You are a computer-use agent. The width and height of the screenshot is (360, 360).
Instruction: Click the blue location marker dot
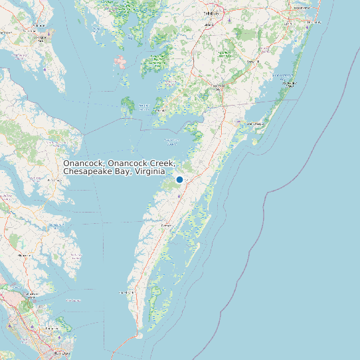coord(179,179)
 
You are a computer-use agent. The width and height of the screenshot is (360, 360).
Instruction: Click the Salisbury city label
coord(211,13)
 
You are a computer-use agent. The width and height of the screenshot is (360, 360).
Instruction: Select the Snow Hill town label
coord(252,62)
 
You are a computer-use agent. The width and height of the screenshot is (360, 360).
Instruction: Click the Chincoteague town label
coord(255,124)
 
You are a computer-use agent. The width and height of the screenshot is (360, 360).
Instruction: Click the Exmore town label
coord(166,226)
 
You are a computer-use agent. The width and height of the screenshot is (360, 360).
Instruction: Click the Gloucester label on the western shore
coord(25,255)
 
